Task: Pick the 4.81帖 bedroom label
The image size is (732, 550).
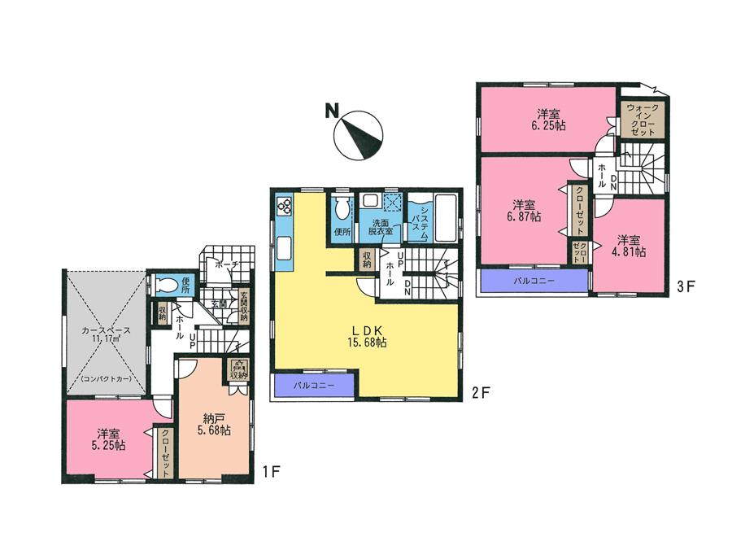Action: (630, 246)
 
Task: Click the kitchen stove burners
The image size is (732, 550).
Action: (284, 205)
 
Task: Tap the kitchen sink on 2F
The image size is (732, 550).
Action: (284, 247)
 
